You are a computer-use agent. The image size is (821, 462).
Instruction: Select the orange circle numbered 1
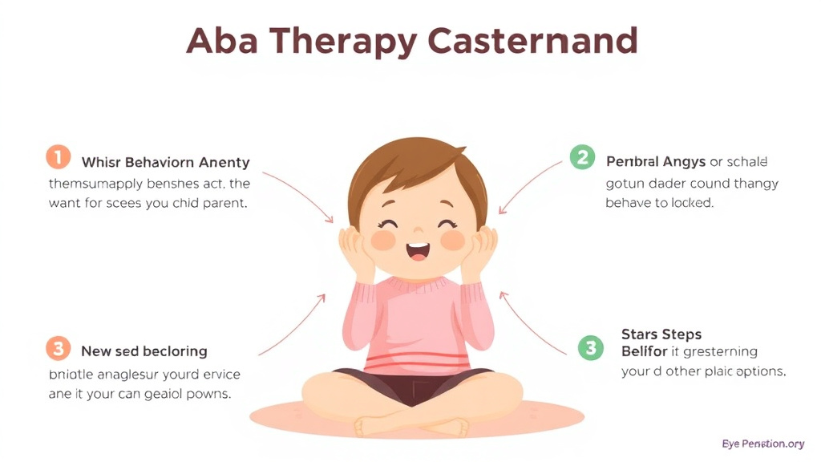pyautogui.click(x=58, y=156)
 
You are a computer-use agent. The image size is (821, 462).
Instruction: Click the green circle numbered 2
pyautogui.click(x=582, y=156)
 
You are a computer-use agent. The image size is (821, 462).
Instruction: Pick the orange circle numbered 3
pyautogui.click(x=58, y=349)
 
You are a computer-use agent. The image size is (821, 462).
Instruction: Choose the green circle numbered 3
pyautogui.click(x=591, y=347)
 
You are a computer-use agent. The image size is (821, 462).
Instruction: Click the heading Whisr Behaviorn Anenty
pyautogui.click(x=165, y=163)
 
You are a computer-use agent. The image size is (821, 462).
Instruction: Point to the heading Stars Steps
pyautogui.click(x=661, y=334)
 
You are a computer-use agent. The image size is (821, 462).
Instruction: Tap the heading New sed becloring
pyautogui.click(x=144, y=351)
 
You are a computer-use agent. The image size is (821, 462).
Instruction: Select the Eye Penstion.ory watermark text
pyautogui.click(x=762, y=444)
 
